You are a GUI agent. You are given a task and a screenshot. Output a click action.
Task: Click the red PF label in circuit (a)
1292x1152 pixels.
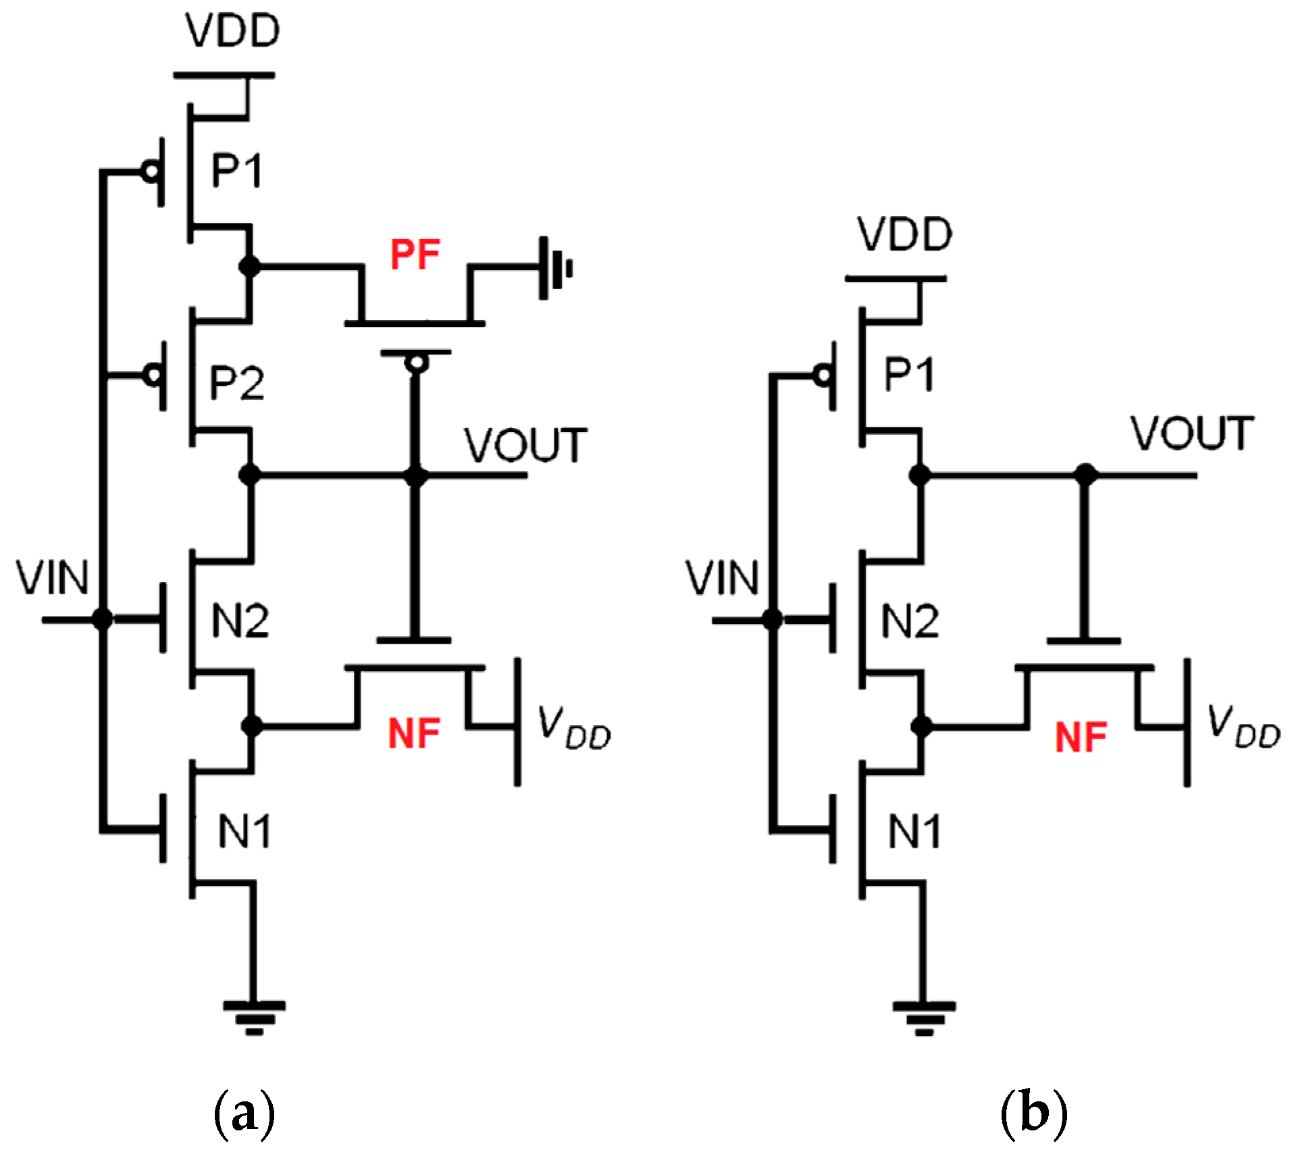tap(415, 255)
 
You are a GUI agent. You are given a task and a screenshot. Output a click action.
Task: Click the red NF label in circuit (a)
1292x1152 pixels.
tap(414, 734)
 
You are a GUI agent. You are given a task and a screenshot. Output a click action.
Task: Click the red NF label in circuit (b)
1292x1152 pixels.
tap(1081, 737)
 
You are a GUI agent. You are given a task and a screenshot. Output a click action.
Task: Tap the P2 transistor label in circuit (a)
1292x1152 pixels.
tap(236, 383)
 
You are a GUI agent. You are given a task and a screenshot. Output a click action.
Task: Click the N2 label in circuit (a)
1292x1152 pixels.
tap(240, 621)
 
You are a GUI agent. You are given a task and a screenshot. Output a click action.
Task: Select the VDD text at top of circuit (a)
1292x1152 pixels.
tap(233, 30)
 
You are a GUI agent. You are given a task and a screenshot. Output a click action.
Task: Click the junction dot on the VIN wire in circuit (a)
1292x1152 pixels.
tap(103, 618)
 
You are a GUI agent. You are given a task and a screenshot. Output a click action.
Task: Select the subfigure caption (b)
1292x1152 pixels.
tap(1033, 1116)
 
